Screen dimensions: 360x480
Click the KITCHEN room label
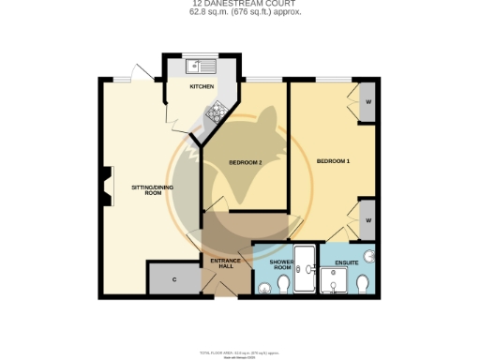[x=202, y=86]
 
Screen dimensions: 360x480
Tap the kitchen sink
[x=201, y=66]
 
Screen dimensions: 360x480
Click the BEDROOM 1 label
[x=333, y=161]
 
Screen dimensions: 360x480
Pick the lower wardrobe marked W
[x=367, y=219]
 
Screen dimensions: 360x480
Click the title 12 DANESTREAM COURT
[x=239, y=5]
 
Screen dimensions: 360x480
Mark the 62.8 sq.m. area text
[x=239, y=13]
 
